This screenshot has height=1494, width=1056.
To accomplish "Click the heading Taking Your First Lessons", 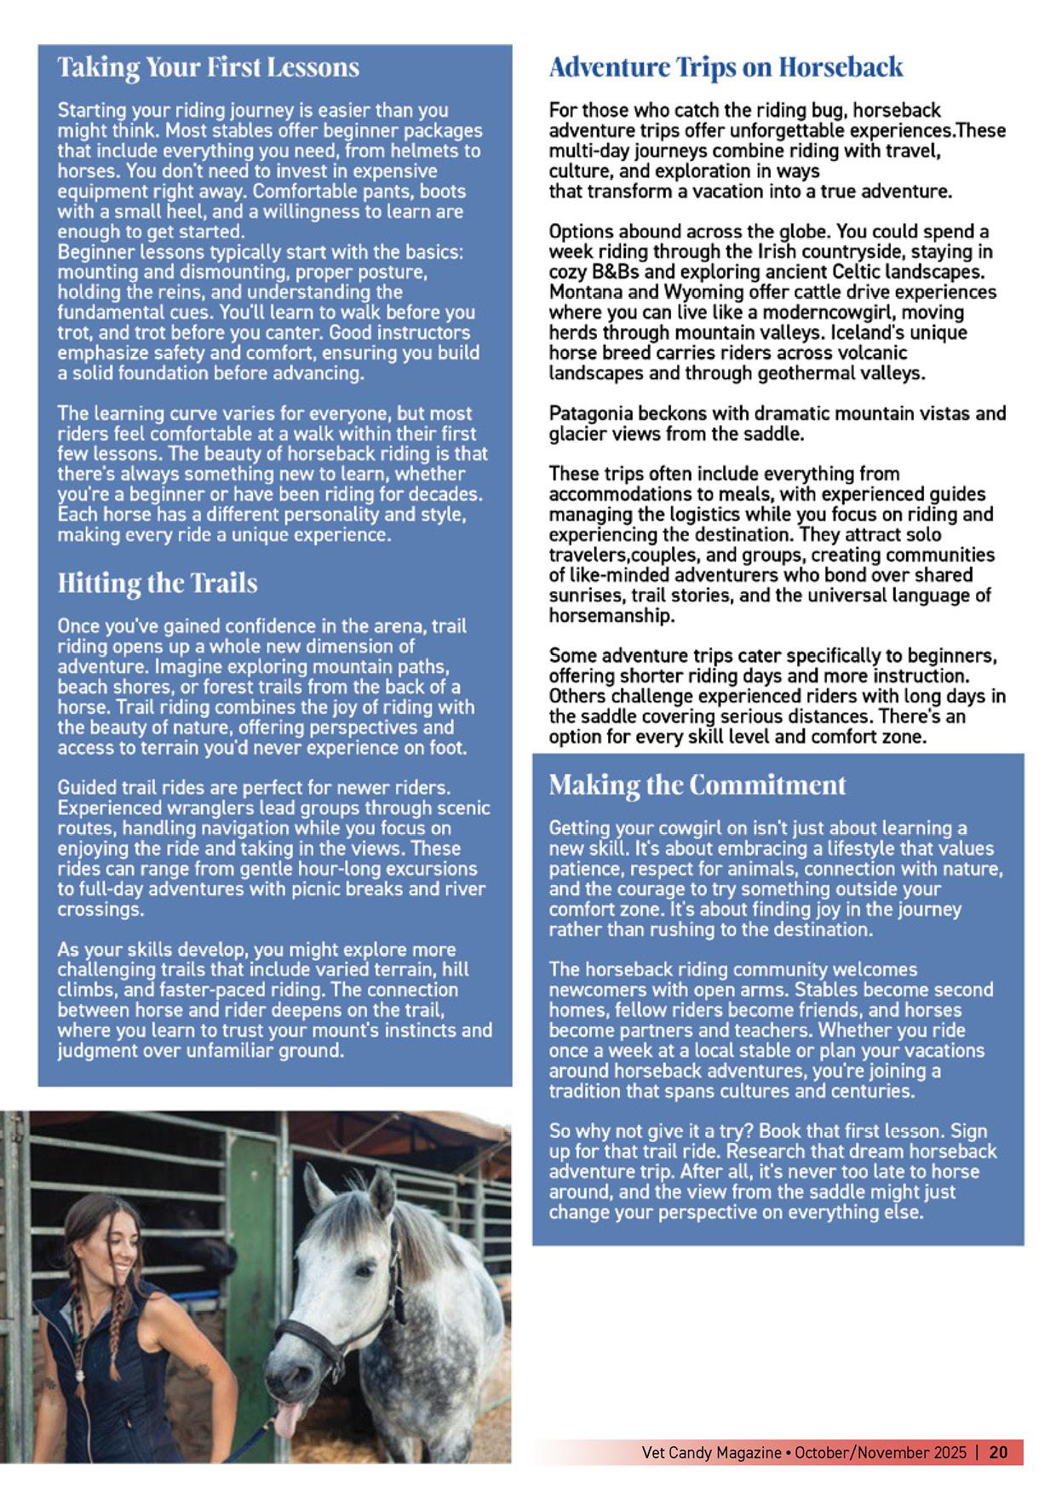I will [x=209, y=67].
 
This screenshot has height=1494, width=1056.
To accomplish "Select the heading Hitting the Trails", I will [x=158, y=583].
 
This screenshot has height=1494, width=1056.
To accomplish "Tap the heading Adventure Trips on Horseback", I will [x=726, y=67].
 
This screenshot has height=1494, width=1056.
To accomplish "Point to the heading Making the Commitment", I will [x=697, y=784].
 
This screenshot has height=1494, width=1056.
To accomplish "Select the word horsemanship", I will [x=611, y=616].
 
